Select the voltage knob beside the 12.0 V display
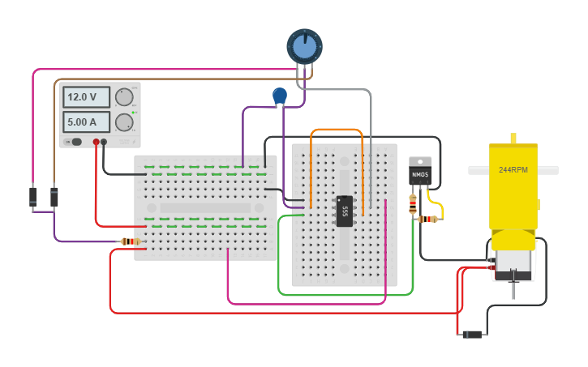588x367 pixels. [x=124, y=97]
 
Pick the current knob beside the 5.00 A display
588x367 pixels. [x=124, y=122]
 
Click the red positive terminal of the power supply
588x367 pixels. [x=97, y=143]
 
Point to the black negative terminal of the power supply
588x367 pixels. [x=104, y=143]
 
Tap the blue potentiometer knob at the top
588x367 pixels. [x=304, y=47]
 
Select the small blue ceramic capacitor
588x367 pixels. [x=280, y=96]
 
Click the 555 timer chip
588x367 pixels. [x=345, y=211]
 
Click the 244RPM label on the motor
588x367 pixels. [x=513, y=170]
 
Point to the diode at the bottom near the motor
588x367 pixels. [x=471, y=334]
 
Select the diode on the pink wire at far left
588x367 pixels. [x=33, y=196]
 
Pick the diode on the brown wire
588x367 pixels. [x=54, y=197]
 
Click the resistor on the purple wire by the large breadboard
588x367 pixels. [x=130, y=241]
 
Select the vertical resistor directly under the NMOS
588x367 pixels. [x=413, y=205]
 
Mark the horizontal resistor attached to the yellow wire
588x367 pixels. [x=427, y=219]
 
